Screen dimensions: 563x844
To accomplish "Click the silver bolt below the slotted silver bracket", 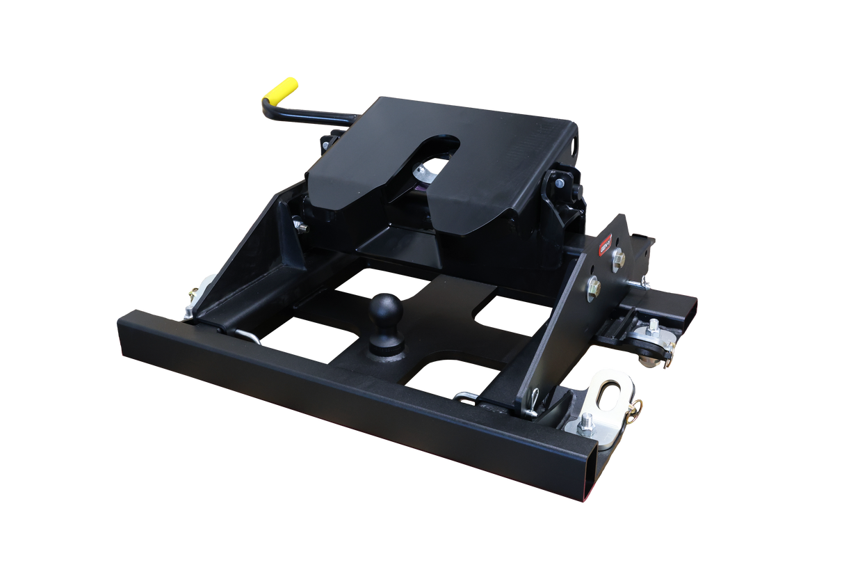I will [587, 422].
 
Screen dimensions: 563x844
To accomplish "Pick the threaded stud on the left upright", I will [299, 225].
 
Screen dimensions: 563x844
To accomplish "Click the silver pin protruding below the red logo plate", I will [647, 284].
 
